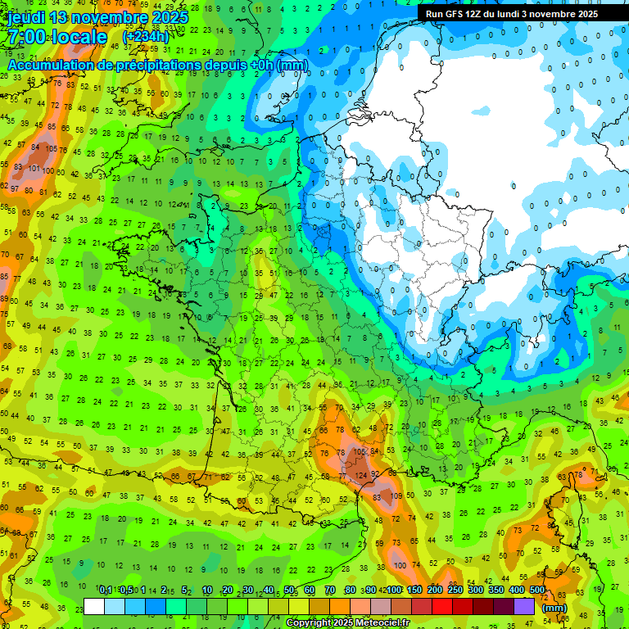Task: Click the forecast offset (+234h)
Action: [145, 37]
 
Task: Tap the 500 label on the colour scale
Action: [536, 590]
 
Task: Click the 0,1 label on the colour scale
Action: [105, 590]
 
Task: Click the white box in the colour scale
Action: [94, 606]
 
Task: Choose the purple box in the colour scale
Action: [524, 606]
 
